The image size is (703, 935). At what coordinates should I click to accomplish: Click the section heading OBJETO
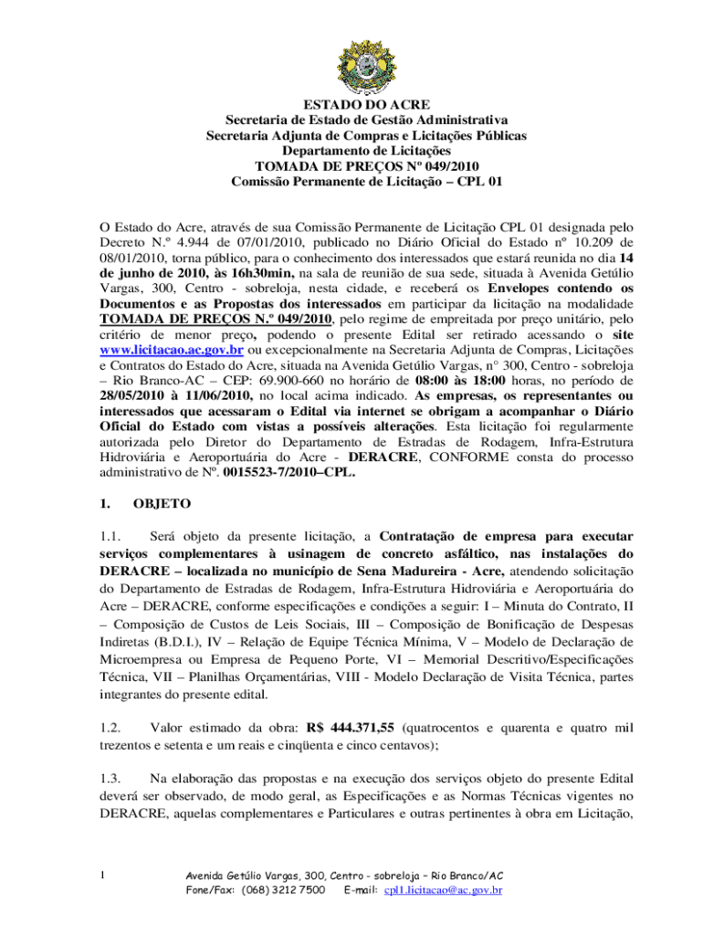163,502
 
